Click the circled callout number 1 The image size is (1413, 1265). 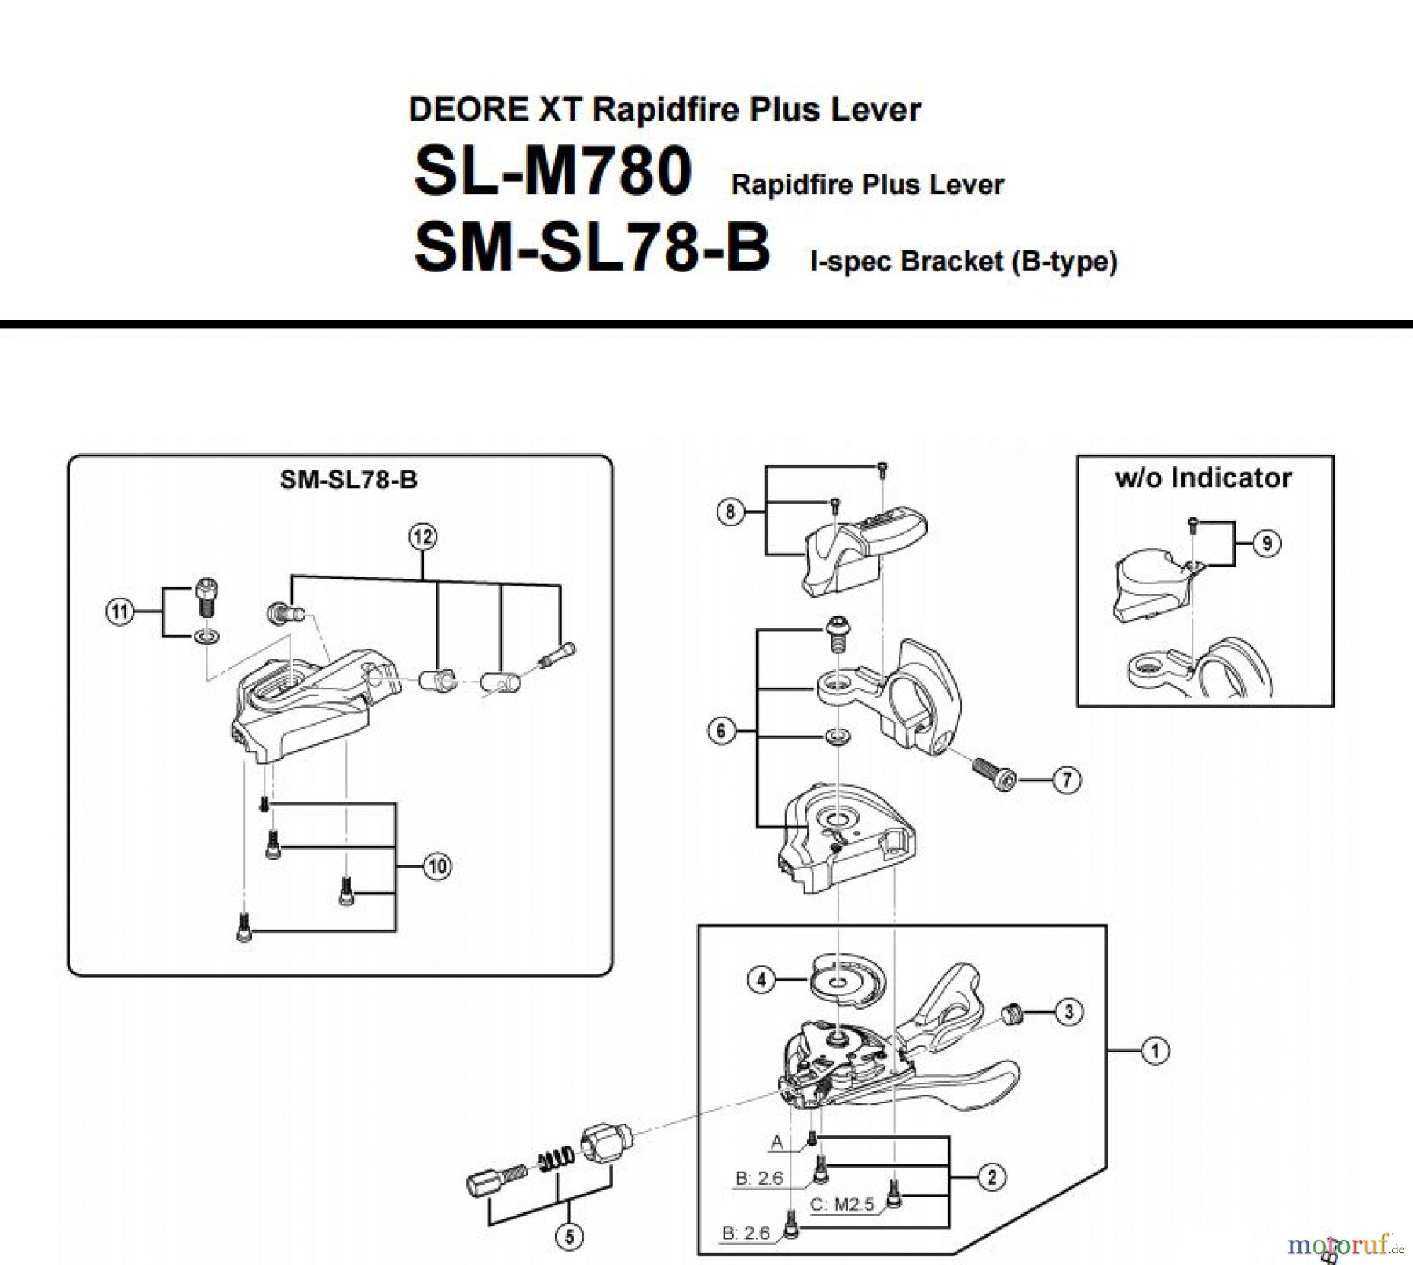(x=1154, y=1051)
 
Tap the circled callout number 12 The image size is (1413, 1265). (x=422, y=537)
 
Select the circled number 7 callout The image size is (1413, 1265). (x=1066, y=780)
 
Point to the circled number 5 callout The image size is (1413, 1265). (x=569, y=1238)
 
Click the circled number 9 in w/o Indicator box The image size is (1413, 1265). (x=1266, y=543)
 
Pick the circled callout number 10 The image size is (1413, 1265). (x=437, y=867)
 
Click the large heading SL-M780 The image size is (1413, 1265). (x=553, y=172)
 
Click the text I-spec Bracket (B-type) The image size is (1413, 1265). (x=963, y=261)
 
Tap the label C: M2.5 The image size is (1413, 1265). (x=842, y=1205)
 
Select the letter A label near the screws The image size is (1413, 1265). (x=777, y=1143)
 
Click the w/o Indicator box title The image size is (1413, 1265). (x=1203, y=477)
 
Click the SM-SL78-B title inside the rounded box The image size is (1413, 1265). (x=349, y=480)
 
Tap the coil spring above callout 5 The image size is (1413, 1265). (x=555, y=1161)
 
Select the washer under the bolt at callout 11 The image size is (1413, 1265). (x=206, y=636)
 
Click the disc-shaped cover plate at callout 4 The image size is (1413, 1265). (x=846, y=978)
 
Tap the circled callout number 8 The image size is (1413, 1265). (x=730, y=512)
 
